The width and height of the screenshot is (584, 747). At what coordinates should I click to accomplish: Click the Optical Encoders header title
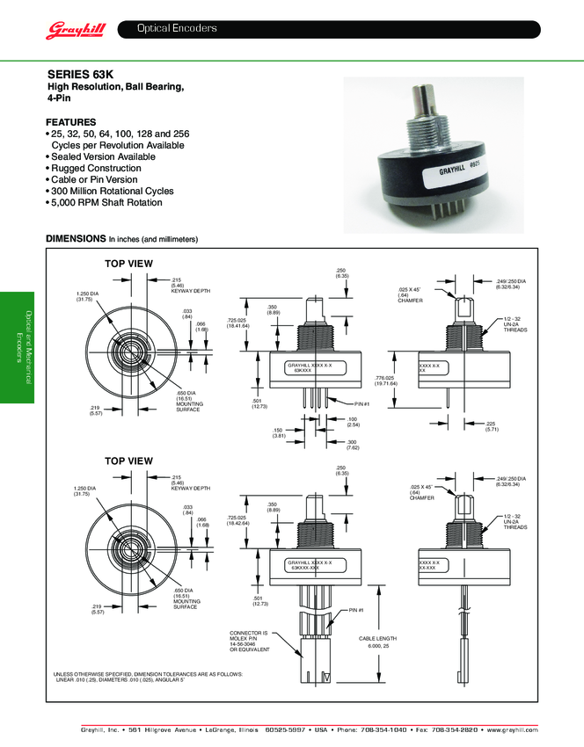click(x=176, y=29)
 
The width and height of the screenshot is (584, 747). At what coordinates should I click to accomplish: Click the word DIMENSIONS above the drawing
click(x=76, y=239)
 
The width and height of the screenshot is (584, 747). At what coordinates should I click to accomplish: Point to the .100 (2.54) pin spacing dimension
click(x=351, y=423)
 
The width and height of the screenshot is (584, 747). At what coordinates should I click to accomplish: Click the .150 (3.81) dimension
click(x=278, y=433)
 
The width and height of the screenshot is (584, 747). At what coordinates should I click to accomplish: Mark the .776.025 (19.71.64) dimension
click(x=386, y=380)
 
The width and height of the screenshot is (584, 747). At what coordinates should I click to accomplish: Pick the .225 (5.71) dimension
click(x=491, y=426)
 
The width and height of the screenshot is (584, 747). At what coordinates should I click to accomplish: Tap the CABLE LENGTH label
click(x=378, y=638)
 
